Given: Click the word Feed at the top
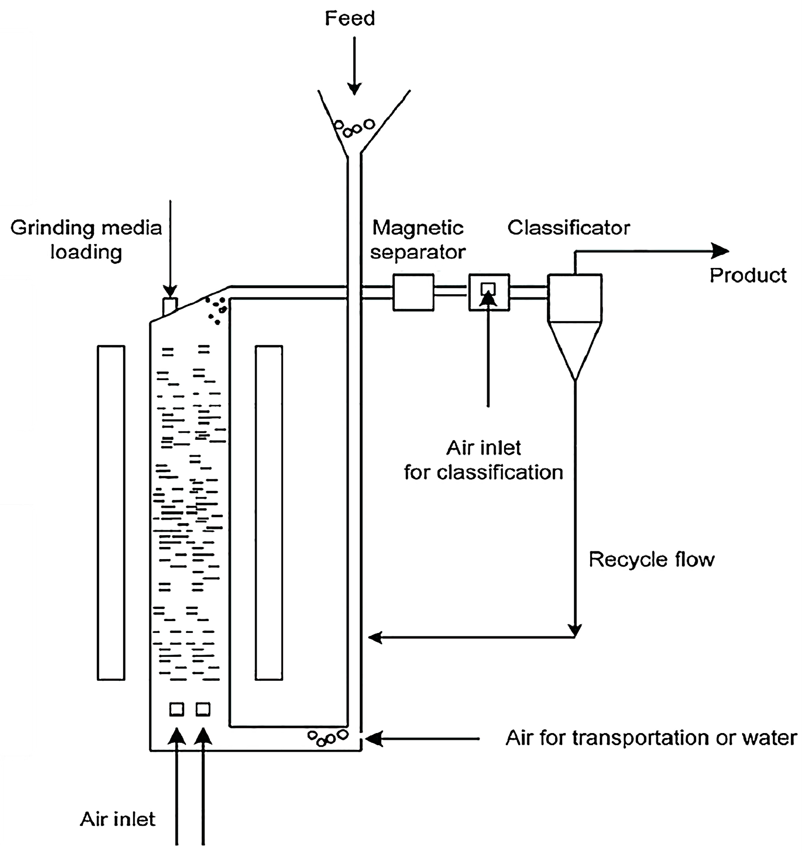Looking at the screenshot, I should tap(350, 19).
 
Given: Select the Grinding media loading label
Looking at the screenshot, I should tap(86, 240).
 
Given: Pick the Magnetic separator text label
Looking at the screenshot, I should tap(418, 240).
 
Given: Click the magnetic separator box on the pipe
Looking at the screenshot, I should tap(413, 292).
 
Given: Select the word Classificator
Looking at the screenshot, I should tap(568, 228).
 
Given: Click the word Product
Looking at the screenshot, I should tap(748, 275).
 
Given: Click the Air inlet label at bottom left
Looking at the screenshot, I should tap(118, 819).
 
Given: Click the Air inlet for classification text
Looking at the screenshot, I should tap(483, 460).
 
